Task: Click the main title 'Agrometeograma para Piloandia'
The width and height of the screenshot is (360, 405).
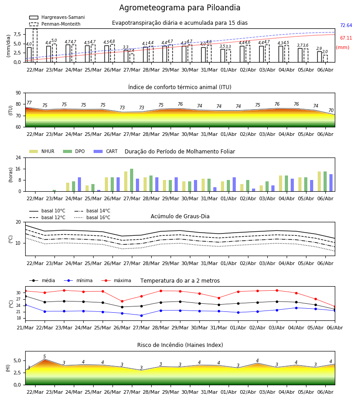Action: tap(180, 8)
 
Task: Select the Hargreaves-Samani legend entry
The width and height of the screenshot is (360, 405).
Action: tap(57, 17)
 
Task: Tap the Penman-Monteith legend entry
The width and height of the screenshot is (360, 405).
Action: tap(55, 24)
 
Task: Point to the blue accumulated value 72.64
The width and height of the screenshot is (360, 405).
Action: tap(346, 25)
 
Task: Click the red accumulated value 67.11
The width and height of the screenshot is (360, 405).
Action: tap(346, 38)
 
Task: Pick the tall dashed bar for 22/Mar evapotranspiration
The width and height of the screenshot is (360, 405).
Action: tap(35, 45)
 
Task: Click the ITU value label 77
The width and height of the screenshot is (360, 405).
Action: tap(29, 103)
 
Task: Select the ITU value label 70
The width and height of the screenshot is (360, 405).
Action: tap(331, 110)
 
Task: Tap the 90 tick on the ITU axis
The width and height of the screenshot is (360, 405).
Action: tap(18, 93)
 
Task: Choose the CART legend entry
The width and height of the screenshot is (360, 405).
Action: tap(106, 151)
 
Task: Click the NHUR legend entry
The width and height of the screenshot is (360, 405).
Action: tap(42, 151)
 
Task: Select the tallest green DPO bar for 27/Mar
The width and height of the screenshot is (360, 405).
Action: tap(132, 180)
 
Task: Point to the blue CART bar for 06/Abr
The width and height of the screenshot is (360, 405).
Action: tap(331, 183)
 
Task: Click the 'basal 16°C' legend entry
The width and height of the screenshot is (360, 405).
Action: tap(92, 217)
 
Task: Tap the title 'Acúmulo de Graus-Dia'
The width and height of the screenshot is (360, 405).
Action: tap(180, 216)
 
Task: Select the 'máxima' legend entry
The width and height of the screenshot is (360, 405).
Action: tap(116, 280)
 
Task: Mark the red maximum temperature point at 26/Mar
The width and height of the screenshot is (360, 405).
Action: tap(122, 301)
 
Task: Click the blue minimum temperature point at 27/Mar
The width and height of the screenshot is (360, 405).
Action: tap(141, 315)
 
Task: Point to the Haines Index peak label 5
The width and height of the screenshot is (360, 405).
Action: tap(45, 356)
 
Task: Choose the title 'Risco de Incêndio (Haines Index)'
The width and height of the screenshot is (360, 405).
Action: tap(180, 345)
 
